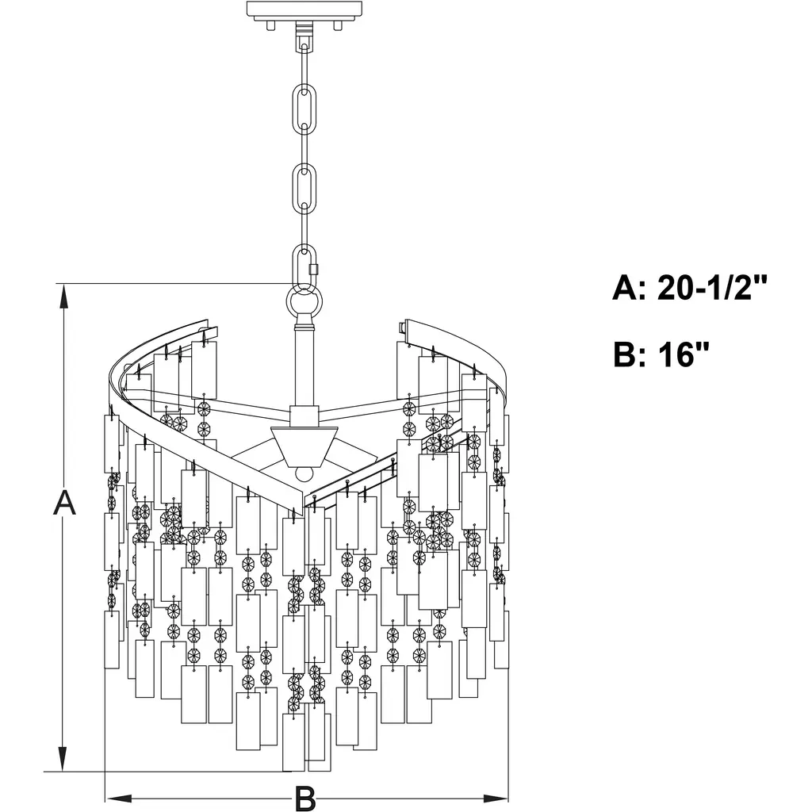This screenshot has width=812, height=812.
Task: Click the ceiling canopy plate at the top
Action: click(x=304, y=10)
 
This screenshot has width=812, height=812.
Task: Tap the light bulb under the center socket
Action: click(x=302, y=473)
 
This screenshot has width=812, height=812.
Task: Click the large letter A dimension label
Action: click(x=65, y=503)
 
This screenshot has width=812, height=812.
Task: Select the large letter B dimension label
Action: click(x=305, y=799)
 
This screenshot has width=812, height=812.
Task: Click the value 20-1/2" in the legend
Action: click(x=714, y=288)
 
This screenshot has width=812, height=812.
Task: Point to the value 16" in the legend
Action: click(x=684, y=354)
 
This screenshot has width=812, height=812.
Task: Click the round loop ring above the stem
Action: click(x=304, y=302)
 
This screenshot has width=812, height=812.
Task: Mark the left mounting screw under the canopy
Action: click(x=270, y=25)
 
